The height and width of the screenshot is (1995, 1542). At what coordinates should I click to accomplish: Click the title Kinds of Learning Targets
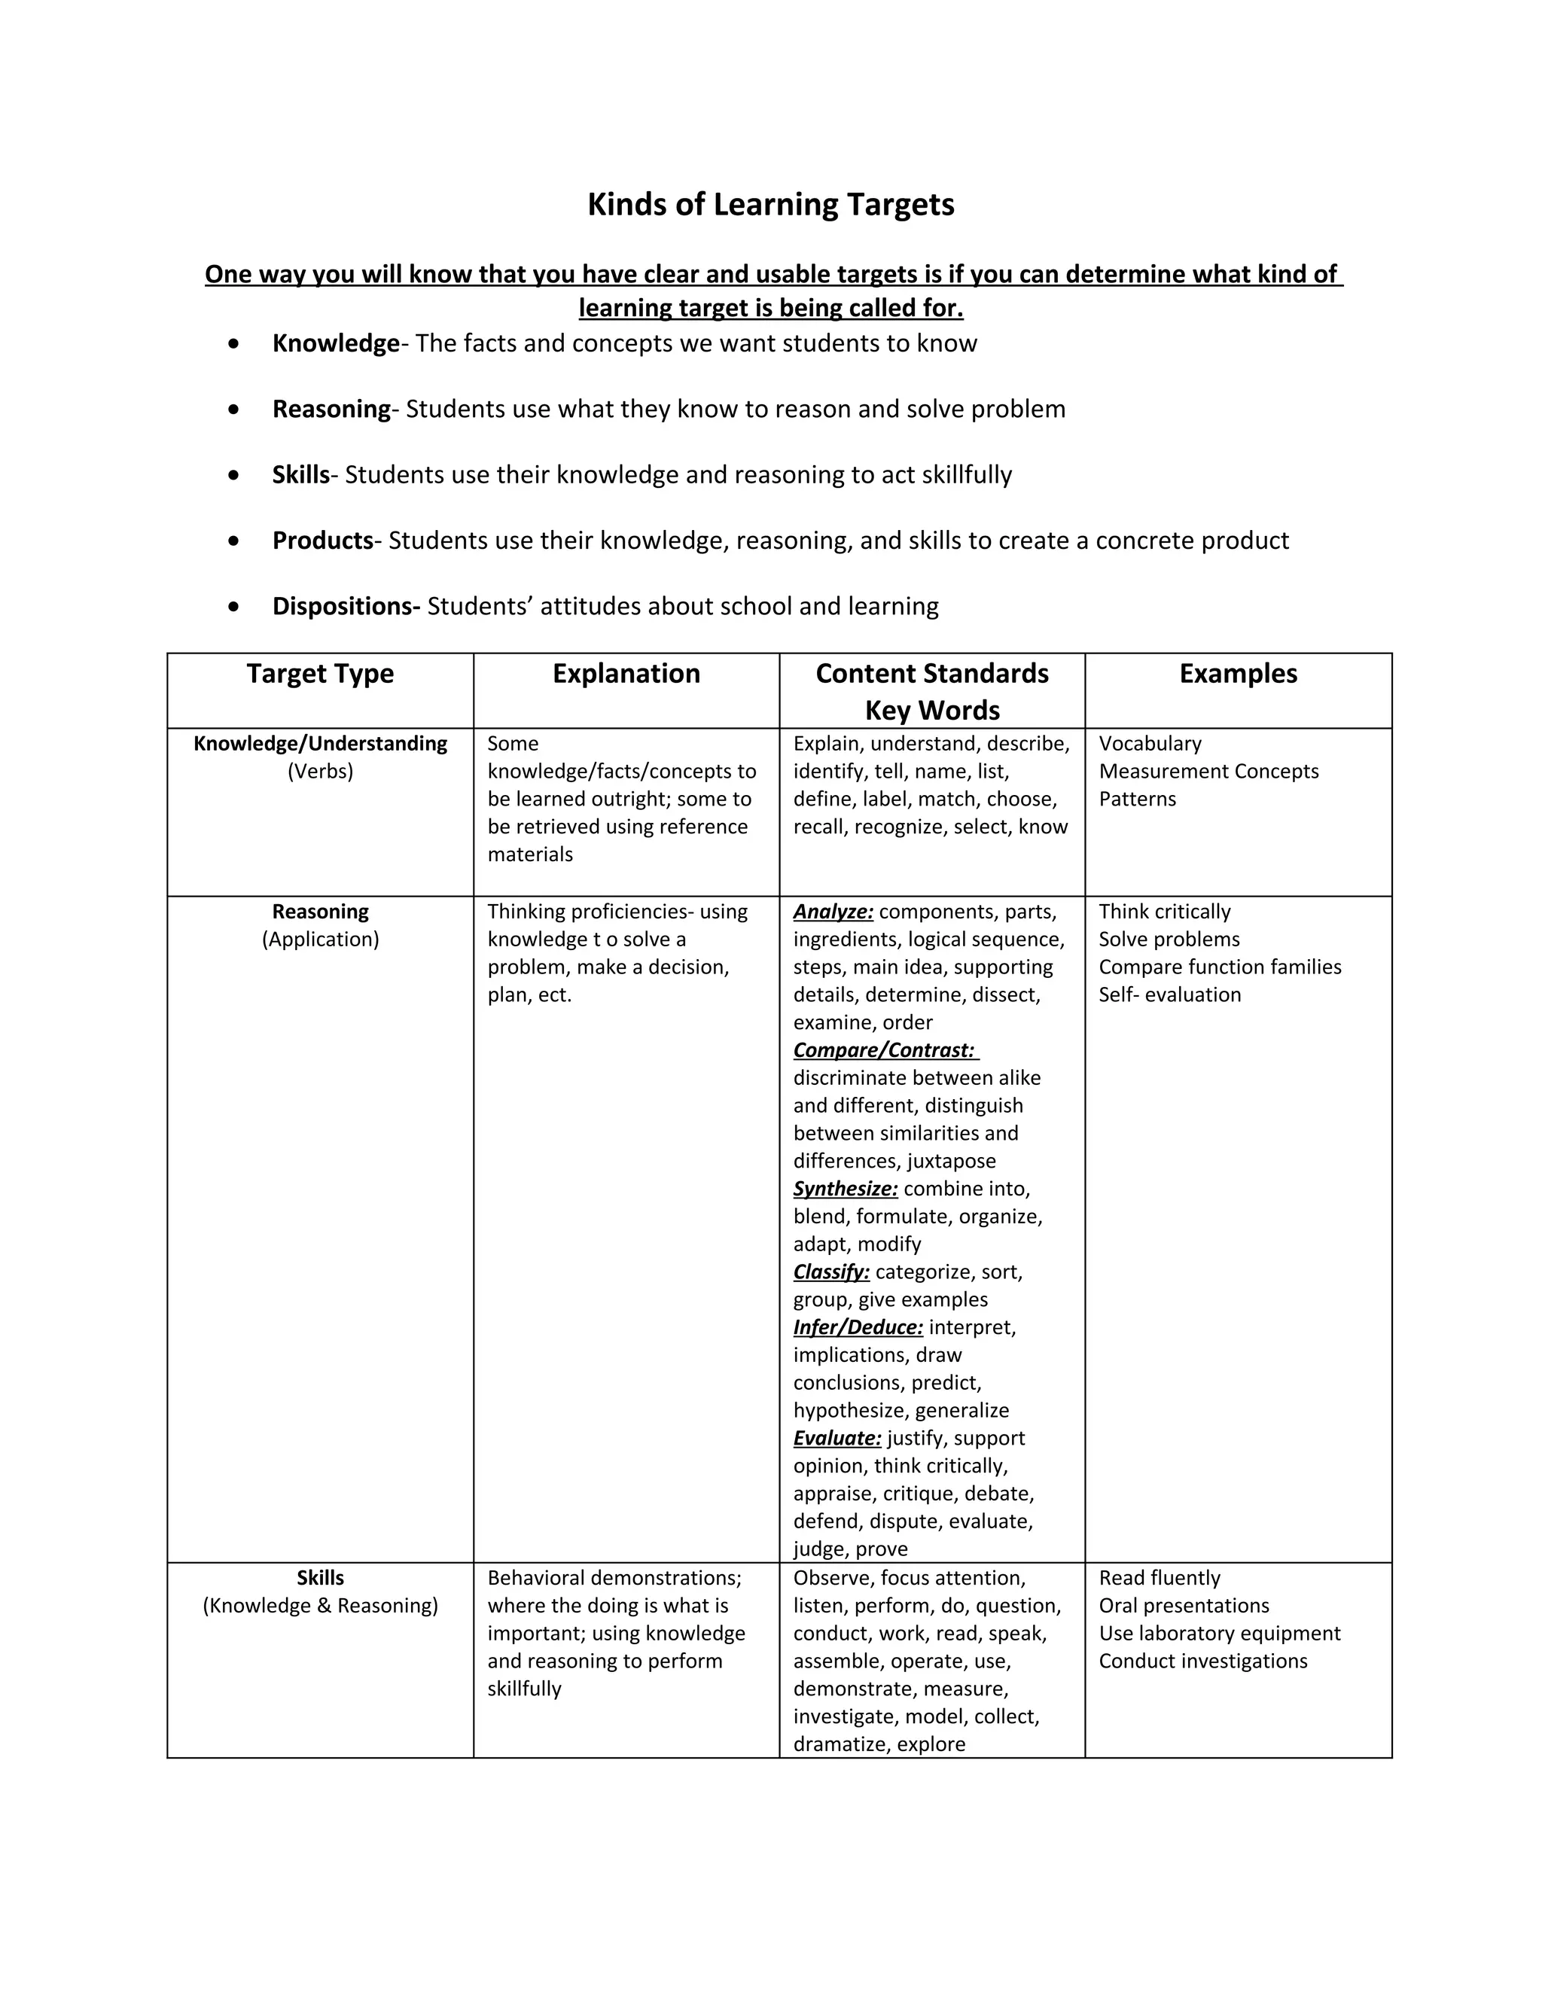pyautogui.click(x=770, y=205)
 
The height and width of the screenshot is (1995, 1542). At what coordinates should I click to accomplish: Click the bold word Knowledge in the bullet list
pyautogui.click(x=335, y=343)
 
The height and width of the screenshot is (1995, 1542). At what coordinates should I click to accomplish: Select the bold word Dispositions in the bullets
pyautogui.click(x=346, y=607)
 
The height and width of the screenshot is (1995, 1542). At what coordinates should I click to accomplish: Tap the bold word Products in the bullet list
pyautogui.click(x=322, y=541)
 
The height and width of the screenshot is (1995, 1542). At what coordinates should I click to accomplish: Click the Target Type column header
pyautogui.click(x=320, y=674)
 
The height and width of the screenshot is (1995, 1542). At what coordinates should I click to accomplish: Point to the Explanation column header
pyautogui.click(x=626, y=674)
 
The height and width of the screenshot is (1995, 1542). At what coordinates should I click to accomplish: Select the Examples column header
pyautogui.click(x=1238, y=674)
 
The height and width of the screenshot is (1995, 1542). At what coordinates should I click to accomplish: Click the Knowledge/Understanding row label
pyautogui.click(x=320, y=744)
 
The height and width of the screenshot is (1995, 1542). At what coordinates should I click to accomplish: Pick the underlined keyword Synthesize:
pyautogui.click(x=845, y=1189)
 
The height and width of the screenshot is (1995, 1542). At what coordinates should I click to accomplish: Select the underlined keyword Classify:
pyautogui.click(x=831, y=1272)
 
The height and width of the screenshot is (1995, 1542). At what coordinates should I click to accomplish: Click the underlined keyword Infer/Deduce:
pyautogui.click(x=858, y=1327)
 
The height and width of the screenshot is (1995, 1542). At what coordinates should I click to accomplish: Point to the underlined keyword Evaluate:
pyautogui.click(x=837, y=1438)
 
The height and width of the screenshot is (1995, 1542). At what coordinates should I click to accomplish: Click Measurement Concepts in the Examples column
pyautogui.click(x=1208, y=772)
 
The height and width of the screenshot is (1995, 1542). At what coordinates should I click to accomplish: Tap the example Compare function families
pyautogui.click(x=1220, y=967)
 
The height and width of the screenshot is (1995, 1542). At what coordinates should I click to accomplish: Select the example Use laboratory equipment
pyautogui.click(x=1220, y=1634)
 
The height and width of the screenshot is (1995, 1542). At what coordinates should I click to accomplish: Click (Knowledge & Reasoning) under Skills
pyautogui.click(x=320, y=1606)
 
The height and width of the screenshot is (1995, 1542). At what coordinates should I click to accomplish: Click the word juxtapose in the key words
pyautogui.click(x=951, y=1161)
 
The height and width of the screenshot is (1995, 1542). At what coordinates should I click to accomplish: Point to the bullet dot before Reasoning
pyautogui.click(x=235, y=410)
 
